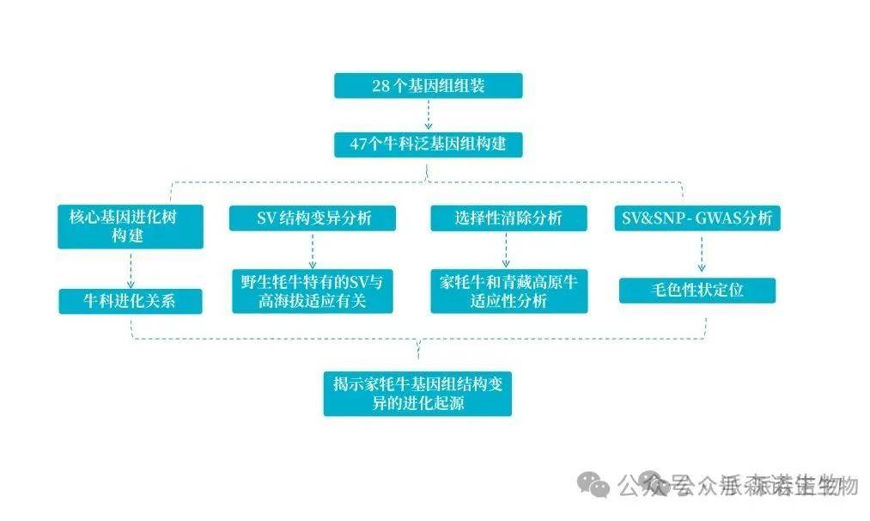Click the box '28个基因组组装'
coord(428,86)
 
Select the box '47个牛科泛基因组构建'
coord(428,144)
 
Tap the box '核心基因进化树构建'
coord(131,226)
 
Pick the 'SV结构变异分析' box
coord(313,218)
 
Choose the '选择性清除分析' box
coord(508,218)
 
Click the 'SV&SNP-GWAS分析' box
coord(697,218)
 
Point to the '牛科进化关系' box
coord(131,301)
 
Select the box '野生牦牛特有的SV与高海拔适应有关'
coord(313,291)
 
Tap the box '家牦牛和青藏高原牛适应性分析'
coord(508,291)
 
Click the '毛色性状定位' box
coord(697,291)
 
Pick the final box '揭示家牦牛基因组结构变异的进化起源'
coord(417,393)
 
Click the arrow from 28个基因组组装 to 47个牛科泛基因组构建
coord(428,114)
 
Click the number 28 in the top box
coord(380,86)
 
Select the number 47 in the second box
coord(359,144)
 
